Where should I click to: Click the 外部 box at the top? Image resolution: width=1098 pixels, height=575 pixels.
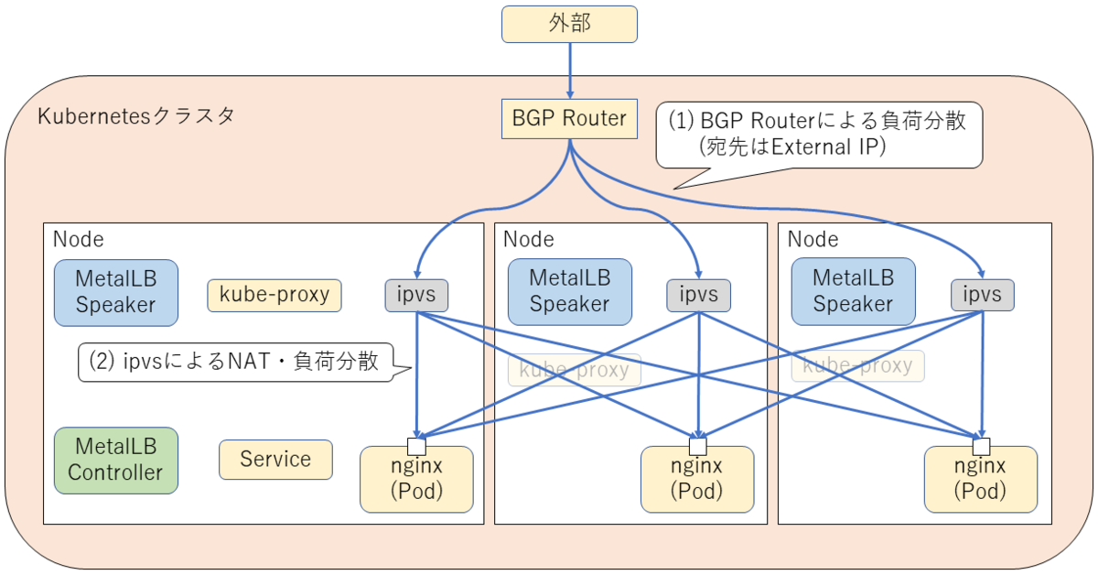point(569,24)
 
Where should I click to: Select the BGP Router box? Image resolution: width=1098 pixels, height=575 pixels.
point(569,118)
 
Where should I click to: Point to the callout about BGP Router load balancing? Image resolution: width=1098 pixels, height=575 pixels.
point(819,134)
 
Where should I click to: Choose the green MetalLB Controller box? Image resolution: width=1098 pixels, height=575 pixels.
point(115,460)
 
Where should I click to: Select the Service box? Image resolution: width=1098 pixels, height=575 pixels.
point(275,459)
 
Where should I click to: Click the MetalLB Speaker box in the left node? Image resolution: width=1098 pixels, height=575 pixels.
point(115,292)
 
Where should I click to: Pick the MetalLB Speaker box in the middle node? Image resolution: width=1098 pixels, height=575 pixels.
point(569,292)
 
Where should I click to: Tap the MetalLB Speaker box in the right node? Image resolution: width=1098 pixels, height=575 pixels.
point(853,292)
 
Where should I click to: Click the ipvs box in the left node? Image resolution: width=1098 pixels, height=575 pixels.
point(416,295)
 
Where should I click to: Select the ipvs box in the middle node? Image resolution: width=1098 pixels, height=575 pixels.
point(699,295)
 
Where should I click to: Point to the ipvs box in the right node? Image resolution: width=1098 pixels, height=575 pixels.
point(983,295)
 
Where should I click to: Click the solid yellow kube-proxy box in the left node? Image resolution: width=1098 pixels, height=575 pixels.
point(274,295)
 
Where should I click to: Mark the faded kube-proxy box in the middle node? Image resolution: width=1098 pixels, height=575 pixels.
point(575,370)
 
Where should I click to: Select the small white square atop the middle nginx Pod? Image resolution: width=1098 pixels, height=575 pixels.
point(698,447)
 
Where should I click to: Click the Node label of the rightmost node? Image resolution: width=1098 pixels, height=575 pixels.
point(813,240)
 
